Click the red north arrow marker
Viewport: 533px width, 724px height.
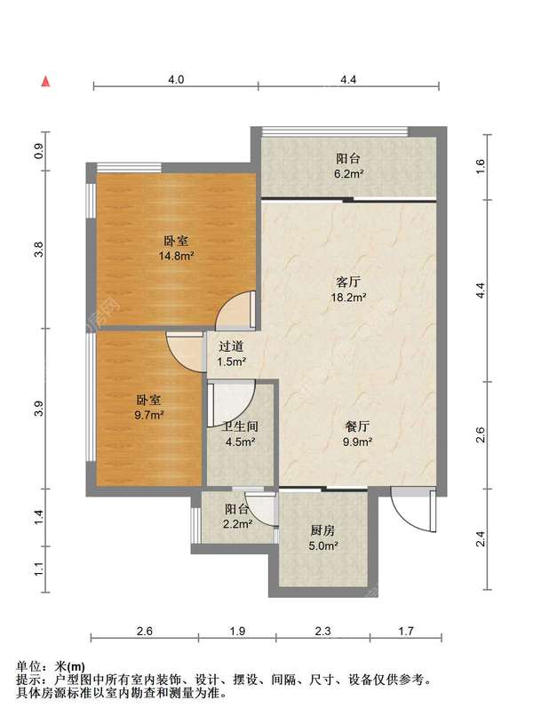(x=45, y=82)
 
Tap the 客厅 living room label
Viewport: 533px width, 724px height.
(x=348, y=282)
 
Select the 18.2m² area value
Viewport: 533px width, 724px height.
(x=349, y=297)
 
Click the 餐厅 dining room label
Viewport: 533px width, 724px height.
(x=357, y=426)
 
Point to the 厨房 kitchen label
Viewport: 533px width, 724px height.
(x=322, y=530)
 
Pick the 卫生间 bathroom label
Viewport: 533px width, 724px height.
(x=240, y=426)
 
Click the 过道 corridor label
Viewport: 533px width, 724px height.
(x=231, y=346)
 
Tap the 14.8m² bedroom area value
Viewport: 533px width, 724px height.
(x=176, y=256)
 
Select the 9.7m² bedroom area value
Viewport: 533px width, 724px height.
(x=149, y=415)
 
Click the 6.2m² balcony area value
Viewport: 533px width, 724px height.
(x=348, y=174)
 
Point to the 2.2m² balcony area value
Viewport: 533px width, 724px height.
(x=237, y=524)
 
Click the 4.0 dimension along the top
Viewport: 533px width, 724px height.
(x=176, y=79)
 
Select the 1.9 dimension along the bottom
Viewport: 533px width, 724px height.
(x=237, y=631)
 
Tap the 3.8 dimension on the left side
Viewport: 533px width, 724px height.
(x=40, y=250)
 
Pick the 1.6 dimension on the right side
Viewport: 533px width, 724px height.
(x=481, y=165)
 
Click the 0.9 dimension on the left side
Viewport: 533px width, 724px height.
(x=40, y=151)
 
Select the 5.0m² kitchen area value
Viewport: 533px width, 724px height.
(x=322, y=545)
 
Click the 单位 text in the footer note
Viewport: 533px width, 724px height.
(x=28, y=666)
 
